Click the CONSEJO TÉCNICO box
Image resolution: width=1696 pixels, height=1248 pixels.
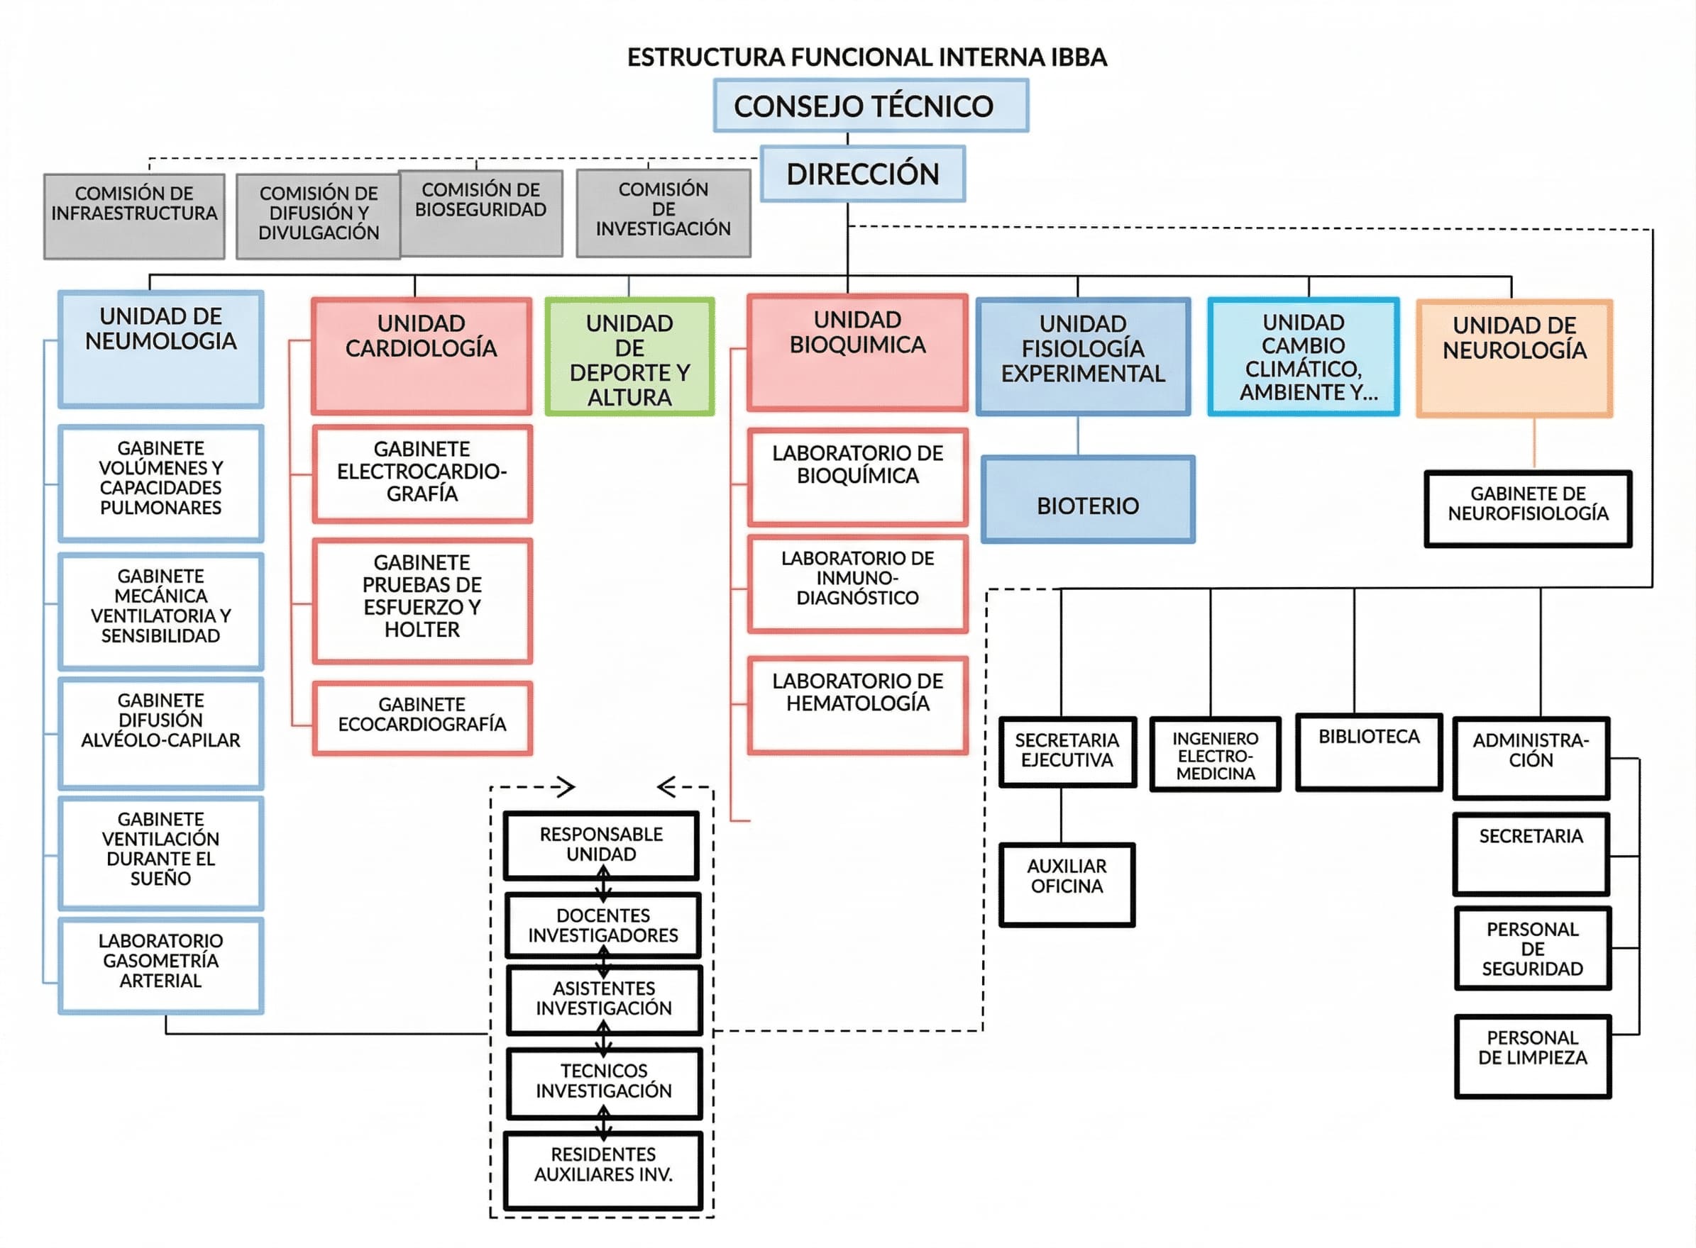tap(871, 106)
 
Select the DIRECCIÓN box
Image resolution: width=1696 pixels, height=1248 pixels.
tap(862, 174)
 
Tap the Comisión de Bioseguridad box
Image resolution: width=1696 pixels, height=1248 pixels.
tap(480, 213)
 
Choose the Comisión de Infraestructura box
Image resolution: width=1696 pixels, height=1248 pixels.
tap(134, 217)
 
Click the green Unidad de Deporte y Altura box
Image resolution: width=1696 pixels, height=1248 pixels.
tap(629, 357)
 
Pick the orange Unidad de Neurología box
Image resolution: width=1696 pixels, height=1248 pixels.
tap(1514, 358)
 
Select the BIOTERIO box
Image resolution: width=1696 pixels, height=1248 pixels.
tap(1088, 499)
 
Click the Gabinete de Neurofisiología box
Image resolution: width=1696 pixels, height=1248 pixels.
tap(1527, 509)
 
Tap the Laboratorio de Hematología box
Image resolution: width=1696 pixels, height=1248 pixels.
tap(857, 705)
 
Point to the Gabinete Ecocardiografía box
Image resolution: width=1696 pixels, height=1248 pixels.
tap(422, 718)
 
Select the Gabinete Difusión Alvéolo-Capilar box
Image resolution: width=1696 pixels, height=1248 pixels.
tap(160, 732)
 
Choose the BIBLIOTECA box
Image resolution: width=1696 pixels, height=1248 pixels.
tap(1369, 752)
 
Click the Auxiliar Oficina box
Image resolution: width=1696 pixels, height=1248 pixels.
tap(1067, 884)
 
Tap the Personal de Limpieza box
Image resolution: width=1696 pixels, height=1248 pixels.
tap(1532, 1055)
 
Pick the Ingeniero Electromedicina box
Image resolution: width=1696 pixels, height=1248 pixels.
tap(1215, 754)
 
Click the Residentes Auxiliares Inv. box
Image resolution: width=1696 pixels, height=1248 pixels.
tap(602, 1169)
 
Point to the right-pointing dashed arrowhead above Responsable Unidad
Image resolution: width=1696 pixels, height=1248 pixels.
tap(566, 787)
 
